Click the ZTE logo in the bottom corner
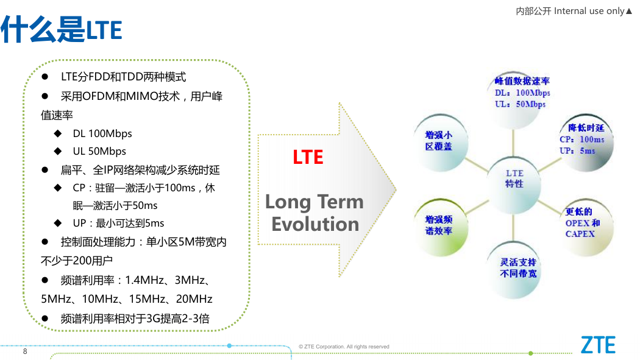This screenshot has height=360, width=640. tap(598, 345)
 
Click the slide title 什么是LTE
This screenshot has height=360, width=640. tap(61, 29)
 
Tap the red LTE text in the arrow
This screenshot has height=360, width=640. tap(308, 157)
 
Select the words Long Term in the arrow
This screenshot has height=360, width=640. tap(315, 202)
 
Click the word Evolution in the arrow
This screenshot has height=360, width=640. tap(315, 224)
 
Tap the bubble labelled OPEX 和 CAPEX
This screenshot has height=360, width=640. tap(586, 226)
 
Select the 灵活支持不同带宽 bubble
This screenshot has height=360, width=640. tap(514, 269)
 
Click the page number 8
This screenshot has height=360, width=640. tap(25, 351)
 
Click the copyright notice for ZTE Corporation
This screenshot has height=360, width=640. tap(344, 347)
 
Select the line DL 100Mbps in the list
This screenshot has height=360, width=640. tap(102, 134)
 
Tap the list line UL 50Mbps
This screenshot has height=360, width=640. tap(99, 151)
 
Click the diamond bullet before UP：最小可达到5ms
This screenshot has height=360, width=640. tap(58, 223)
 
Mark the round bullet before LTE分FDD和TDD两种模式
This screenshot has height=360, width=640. tap(45, 77)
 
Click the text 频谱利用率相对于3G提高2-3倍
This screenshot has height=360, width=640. tap(135, 319)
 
